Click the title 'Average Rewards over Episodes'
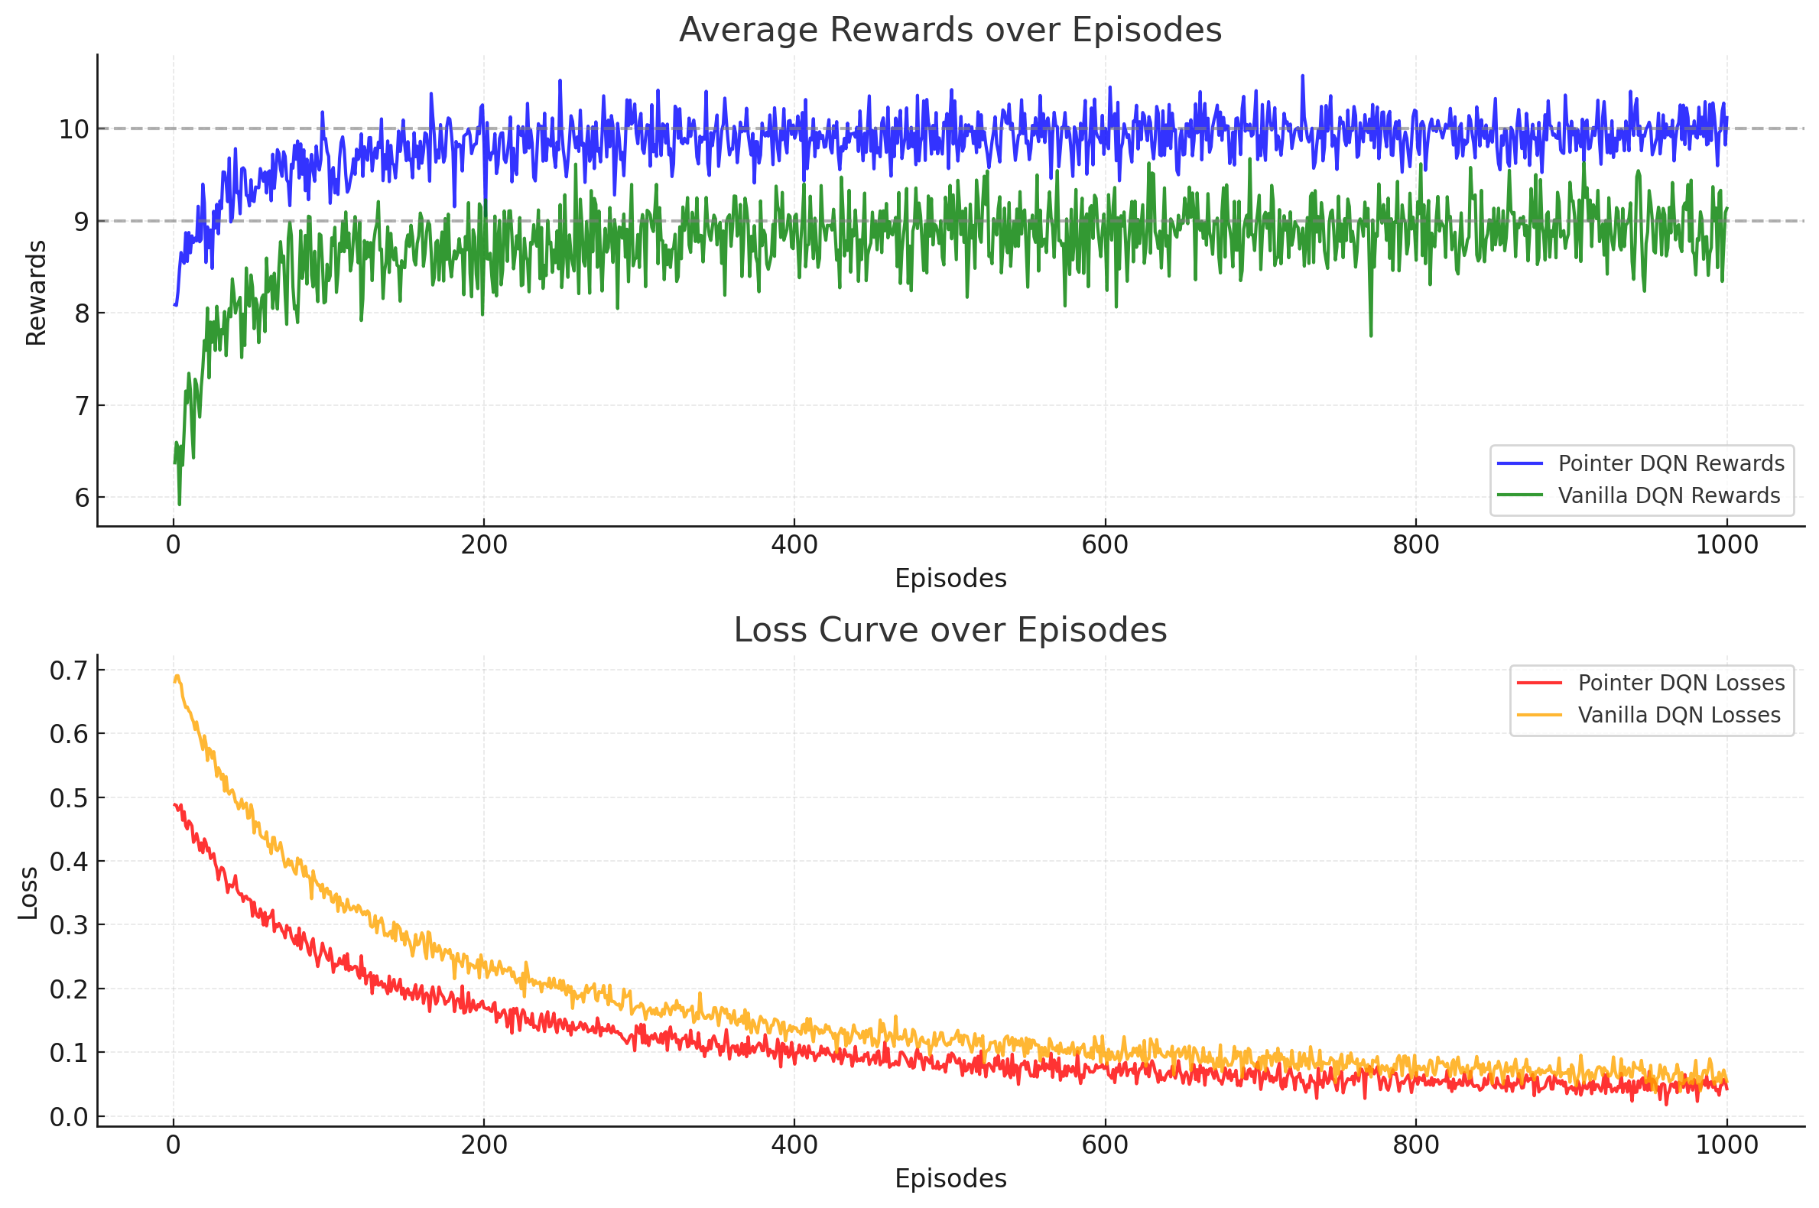[x=950, y=30]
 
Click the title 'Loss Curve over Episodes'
[x=950, y=630]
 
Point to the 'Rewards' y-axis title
[x=36, y=293]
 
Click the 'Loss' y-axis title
[x=28, y=894]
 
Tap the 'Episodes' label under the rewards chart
[x=950, y=579]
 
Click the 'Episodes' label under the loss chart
[x=950, y=1179]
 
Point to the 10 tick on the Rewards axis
[x=73, y=129]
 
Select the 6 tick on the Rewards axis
[x=82, y=498]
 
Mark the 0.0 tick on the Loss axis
[x=69, y=1117]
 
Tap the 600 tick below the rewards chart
[x=1105, y=545]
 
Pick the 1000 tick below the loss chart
[x=1726, y=1145]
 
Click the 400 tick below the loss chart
[x=794, y=1145]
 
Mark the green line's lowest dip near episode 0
[x=180, y=505]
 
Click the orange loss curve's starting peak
[x=177, y=677]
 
